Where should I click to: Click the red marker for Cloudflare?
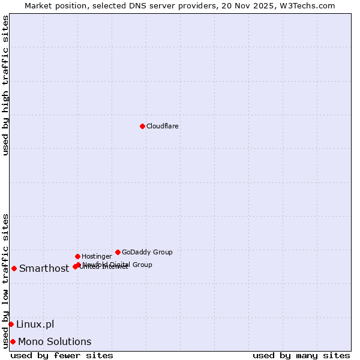[x=142, y=126]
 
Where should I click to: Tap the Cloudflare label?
[x=163, y=127]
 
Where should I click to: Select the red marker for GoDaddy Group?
[x=118, y=252]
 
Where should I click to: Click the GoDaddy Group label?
[x=147, y=253]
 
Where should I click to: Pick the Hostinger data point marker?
[x=77, y=256]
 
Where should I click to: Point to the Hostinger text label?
[x=97, y=257]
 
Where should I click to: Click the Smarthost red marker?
[x=14, y=268]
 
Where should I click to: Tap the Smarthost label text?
[x=44, y=269]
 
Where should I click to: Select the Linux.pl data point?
[x=11, y=324]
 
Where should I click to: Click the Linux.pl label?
[x=35, y=325]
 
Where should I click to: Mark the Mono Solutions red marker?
[x=13, y=341]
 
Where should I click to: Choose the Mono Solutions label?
[x=55, y=342]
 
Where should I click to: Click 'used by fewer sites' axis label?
[x=62, y=355]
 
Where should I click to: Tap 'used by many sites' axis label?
[x=301, y=355]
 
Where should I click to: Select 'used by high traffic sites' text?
[x=5, y=85]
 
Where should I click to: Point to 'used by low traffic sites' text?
[x=5, y=281]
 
